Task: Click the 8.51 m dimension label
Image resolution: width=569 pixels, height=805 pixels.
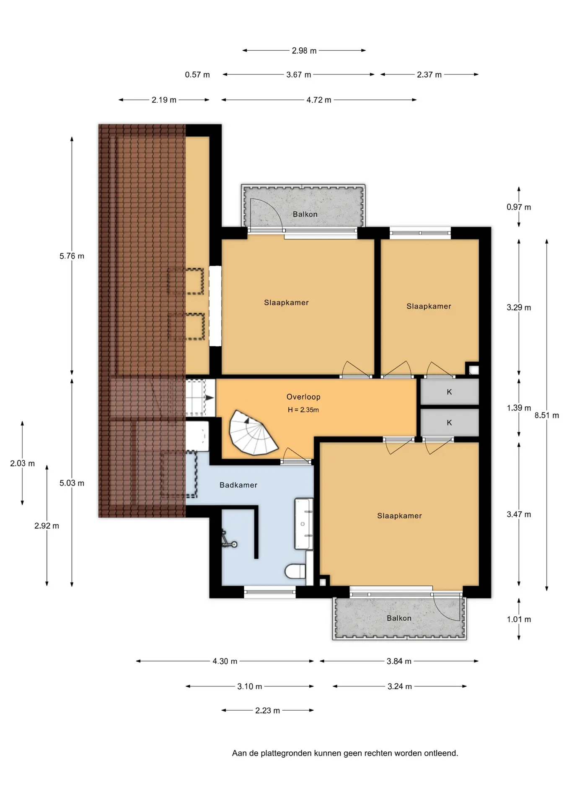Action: [546, 415]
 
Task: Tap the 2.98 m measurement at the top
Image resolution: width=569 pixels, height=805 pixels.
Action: [304, 51]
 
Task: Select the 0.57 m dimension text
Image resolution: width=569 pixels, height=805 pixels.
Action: [197, 75]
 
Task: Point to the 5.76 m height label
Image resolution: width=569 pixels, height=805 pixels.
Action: [72, 256]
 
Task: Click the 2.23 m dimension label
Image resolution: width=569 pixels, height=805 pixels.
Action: [267, 710]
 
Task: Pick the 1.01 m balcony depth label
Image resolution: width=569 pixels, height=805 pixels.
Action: [519, 619]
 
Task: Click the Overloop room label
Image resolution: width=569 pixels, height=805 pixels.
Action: [303, 397]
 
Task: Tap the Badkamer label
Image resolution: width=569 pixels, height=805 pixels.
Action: [238, 485]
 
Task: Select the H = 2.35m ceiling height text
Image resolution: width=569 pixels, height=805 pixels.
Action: [303, 410]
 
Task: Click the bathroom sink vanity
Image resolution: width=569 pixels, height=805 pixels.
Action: [304, 524]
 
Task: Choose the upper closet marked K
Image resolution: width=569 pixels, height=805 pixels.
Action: [450, 392]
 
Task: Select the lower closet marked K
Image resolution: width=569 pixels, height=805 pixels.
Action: [450, 423]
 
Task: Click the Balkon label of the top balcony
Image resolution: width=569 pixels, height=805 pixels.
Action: [305, 214]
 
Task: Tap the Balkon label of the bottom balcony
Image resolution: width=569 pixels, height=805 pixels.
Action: [399, 618]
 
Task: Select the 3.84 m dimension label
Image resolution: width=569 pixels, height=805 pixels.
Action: [399, 661]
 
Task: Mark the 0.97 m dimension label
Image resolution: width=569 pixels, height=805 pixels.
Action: [519, 207]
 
